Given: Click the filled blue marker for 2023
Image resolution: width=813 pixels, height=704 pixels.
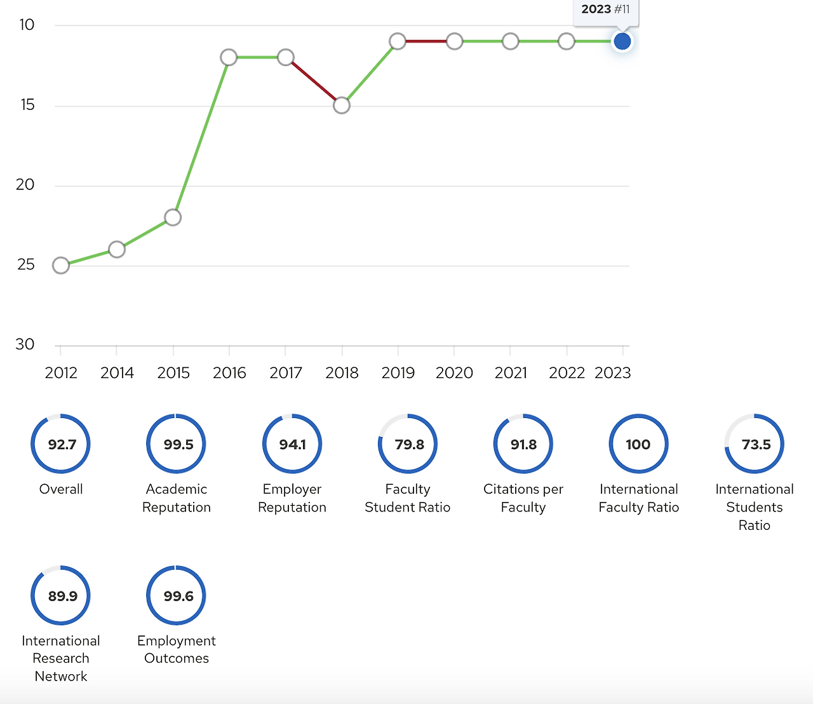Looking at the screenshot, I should pos(622,41).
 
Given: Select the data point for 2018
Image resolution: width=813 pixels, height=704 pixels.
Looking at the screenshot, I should pos(342,105).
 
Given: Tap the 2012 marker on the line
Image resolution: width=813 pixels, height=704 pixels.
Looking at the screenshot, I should pos(61,265).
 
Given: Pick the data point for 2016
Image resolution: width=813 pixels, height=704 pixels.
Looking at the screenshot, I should pos(229,57).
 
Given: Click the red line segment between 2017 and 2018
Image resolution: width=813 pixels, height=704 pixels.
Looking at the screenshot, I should pos(314,81).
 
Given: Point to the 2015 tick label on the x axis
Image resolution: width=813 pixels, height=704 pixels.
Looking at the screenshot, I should pos(173,373).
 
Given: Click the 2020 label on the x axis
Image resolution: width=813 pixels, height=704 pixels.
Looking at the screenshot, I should pos(454,373).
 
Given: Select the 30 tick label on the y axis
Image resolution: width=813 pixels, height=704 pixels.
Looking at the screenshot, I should pos(25,344).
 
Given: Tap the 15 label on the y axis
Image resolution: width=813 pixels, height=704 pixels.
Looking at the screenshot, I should pos(27,105).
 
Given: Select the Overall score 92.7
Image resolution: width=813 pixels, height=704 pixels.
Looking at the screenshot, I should pos(62,444).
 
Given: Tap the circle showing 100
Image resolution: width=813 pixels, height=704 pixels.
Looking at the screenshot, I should pos(638,444).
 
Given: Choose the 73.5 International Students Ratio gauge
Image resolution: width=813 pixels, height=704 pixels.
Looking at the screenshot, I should pos(755,444).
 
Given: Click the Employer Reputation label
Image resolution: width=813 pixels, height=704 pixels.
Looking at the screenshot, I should pos(292,498).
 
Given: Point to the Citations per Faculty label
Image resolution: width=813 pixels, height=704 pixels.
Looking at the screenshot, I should pos(523,498).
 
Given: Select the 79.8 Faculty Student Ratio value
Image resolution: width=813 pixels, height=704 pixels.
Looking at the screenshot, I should pos(408,444).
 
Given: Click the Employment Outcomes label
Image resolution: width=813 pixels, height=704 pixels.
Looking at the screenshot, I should pos(177,649).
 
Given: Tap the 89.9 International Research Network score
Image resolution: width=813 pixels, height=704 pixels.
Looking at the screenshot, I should pos(62,596).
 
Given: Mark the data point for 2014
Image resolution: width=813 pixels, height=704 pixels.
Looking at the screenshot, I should pos(117,249).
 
